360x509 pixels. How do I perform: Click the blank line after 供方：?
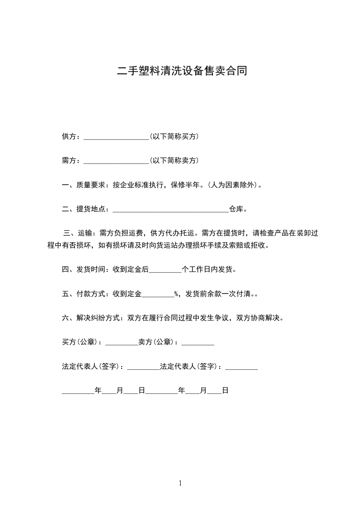[117, 137]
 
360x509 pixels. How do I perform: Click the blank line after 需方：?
[117, 161]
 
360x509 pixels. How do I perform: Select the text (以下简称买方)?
[174, 136]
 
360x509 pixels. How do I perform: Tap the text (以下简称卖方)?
[174, 161]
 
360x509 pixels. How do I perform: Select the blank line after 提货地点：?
[170, 210]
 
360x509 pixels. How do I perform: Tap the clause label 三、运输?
[74, 234]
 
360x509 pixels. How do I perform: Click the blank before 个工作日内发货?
[165, 270]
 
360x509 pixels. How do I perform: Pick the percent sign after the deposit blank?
[176, 294]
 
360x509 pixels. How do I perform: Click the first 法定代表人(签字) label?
[92, 367]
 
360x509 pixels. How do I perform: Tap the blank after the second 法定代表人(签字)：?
[241, 367]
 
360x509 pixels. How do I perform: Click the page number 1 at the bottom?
[180, 483]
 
